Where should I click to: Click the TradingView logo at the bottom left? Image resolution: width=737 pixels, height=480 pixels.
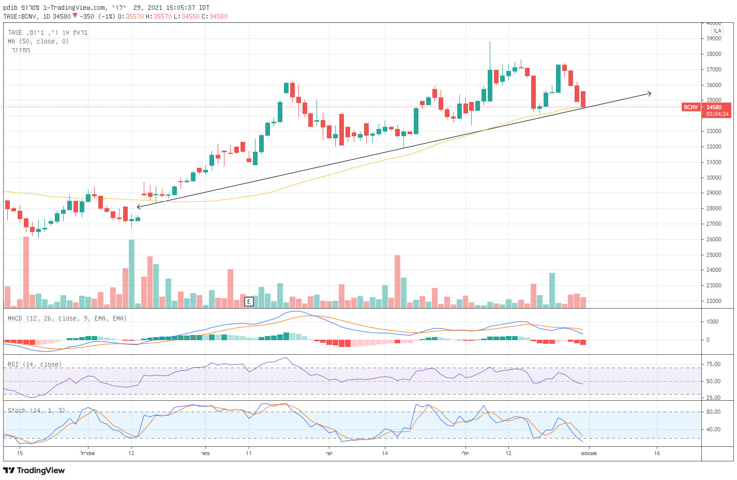click(34, 470)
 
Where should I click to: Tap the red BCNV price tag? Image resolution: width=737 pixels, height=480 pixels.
click(691, 107)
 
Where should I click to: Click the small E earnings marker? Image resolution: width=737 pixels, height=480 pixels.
click(249, 301)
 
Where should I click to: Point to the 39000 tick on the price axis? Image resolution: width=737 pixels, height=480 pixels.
click(714, 38)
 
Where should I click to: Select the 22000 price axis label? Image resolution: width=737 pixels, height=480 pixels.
click(714, 301)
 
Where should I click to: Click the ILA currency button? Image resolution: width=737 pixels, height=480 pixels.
click(717, 31)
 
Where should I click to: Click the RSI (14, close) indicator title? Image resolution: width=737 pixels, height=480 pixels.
click(35, 365)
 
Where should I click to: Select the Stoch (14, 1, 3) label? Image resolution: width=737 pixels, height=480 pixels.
click(36, 410)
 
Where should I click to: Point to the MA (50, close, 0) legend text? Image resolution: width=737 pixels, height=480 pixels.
click(38, 41)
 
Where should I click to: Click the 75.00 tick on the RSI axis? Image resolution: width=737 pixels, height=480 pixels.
click(713, 364)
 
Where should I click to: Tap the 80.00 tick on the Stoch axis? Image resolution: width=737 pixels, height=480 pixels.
click(713, 412)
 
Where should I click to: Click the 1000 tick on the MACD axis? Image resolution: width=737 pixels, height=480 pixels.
click(712, 322)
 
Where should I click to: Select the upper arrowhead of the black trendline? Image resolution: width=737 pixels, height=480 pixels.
click(649, 93)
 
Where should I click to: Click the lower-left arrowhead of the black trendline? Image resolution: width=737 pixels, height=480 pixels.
click(139, 207)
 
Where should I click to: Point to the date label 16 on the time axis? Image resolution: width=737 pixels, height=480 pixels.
click(657, 453)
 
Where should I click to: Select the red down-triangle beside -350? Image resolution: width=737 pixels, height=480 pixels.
click(75, 16)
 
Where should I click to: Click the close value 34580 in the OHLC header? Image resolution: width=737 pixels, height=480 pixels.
click(218, 16)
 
